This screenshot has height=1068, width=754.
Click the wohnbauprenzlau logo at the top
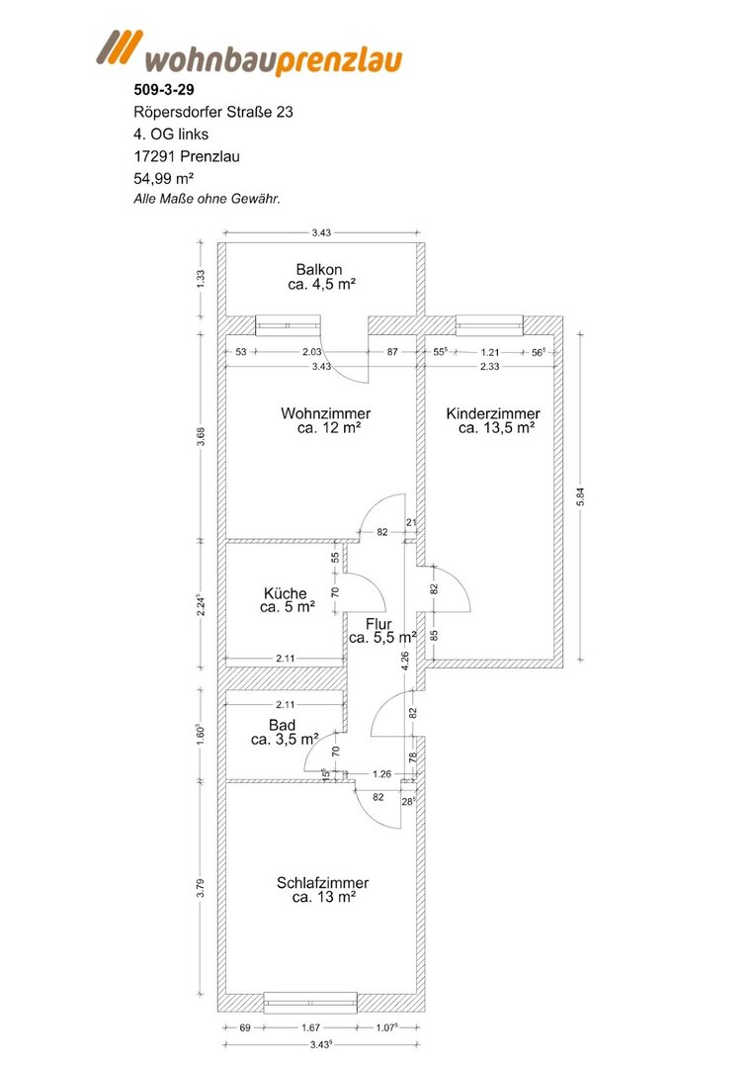[x=249, y=52]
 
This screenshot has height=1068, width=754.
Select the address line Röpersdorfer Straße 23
[x=213, y=112]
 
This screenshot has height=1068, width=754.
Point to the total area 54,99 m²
[x=164, y=178]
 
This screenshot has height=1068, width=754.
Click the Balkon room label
[x=319, y=270]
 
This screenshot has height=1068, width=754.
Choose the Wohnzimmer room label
[x=326, y=413]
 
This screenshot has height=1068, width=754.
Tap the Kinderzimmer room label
[x=493, y=413]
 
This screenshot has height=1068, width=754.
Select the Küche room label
[x=286, y=593]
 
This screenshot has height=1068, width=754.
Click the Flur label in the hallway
[x=379, y=625]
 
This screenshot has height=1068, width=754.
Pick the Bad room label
[x=282, y=726]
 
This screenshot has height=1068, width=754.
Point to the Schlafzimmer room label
[x=322, y=883]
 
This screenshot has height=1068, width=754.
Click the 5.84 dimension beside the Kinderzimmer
[x=580, y=496]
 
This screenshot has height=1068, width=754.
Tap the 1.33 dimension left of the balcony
[x=200, y=279]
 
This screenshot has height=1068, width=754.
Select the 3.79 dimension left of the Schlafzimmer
[x=200, y=889]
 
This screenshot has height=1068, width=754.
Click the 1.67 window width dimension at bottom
[x=311, y=1027]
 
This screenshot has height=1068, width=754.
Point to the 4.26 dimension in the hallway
[x=405, y=661]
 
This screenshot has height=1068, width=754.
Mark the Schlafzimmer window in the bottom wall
[x=310, y=1003]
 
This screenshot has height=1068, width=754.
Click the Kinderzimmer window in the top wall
[x=489, y=325]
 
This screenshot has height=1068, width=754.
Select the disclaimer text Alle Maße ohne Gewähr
[x=207, y=200]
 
